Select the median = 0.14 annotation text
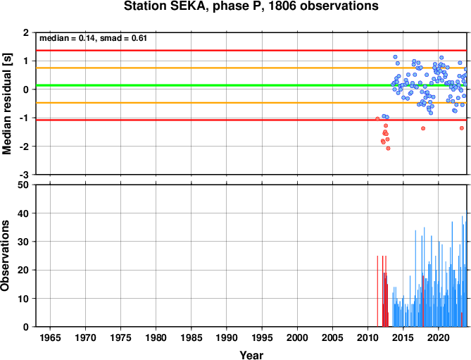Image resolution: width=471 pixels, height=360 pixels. (x=68, y=39)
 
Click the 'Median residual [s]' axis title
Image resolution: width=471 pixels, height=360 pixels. (x=6, y=104)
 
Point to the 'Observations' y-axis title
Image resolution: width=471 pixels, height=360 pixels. (x=5, y=256)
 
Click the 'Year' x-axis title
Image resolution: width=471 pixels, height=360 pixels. (x=251, y=355)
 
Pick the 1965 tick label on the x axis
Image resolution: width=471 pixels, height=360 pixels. (x=50, y=337)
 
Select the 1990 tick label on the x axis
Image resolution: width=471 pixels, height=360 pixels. (x=227, y=337)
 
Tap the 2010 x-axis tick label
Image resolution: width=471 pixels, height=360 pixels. (x=368, y=337)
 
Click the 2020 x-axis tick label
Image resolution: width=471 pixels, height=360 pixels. (x=438, y=337)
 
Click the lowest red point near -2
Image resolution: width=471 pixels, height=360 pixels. (x=388, y=148)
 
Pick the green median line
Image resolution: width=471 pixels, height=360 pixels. (x=251, y=85)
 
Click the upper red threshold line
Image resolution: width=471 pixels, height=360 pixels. (x=251, y=50)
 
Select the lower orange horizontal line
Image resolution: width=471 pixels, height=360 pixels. (x=251, y=103)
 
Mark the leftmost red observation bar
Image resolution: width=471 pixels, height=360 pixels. (x=377, y=291)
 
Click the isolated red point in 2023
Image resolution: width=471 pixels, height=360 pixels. (x=462, y=128)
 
